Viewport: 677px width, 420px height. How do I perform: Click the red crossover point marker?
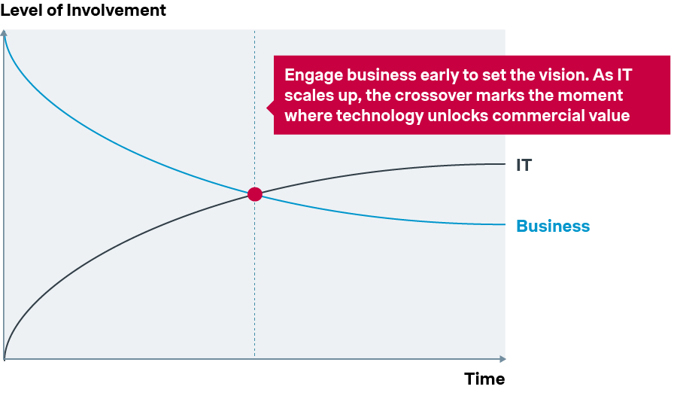(x=255, y=194)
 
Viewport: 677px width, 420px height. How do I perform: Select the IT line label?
(x=524, y=165)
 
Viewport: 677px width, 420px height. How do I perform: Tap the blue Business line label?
(x=553, y=226)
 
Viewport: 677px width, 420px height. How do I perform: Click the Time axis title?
(x=484, y=379)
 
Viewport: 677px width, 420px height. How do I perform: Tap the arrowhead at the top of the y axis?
(x=5, y=33)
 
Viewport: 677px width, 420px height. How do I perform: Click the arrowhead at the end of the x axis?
(x=502, y=359)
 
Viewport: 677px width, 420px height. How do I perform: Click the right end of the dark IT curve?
(x=503, y=163)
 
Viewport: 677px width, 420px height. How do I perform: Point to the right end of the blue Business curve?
(x=503, y=224)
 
